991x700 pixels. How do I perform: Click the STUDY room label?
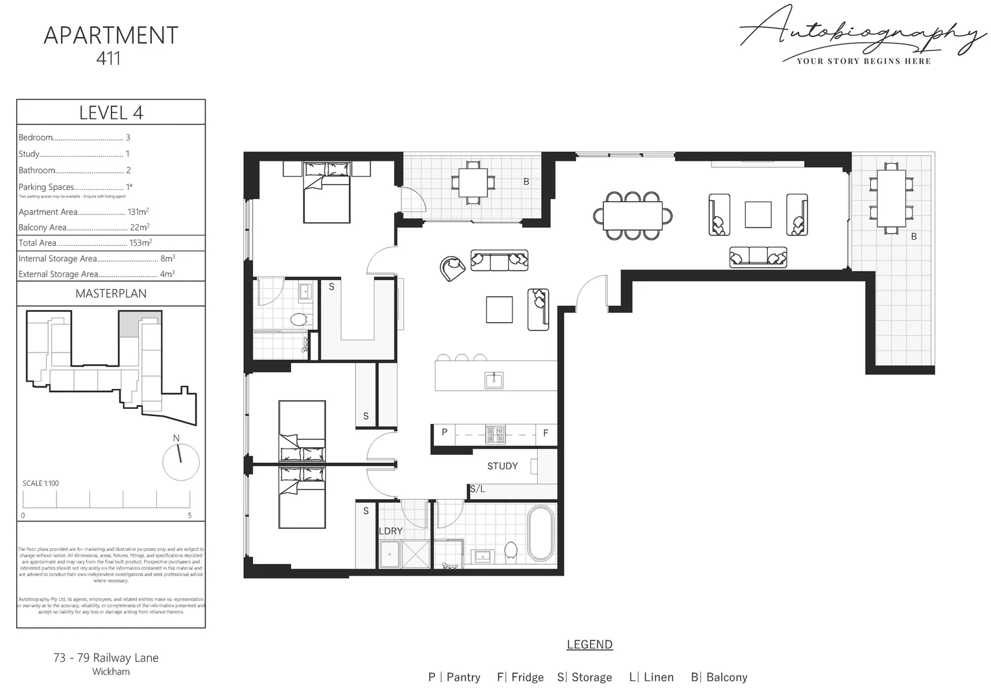coord(502,466)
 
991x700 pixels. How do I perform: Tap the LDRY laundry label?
coord(390,531)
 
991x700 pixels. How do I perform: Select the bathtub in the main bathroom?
coord(541,533)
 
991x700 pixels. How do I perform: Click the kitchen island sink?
coord(494,380)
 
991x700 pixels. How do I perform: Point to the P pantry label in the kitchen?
coord(444,432)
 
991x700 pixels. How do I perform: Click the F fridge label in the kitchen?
coord(545,433)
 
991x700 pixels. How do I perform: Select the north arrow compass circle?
coord(180,462)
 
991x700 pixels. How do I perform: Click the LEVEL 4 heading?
coord(111,113)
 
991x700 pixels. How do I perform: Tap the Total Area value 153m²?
coord(140,243)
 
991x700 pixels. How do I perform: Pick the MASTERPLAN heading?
coord(111,294)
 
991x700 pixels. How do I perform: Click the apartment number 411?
coord(108,58)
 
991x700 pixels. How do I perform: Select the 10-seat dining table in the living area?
coord(633,215)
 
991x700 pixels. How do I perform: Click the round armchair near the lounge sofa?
coord(452,268)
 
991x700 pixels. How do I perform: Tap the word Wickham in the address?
coord(111,672)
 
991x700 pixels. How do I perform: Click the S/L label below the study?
coord(477,489)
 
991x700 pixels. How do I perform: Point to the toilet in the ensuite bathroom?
coord(298,320)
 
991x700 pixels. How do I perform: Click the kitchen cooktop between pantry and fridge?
coord(495,434)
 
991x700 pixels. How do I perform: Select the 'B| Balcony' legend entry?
coord(719,677)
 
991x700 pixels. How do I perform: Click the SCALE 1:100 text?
coord(41,484)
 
